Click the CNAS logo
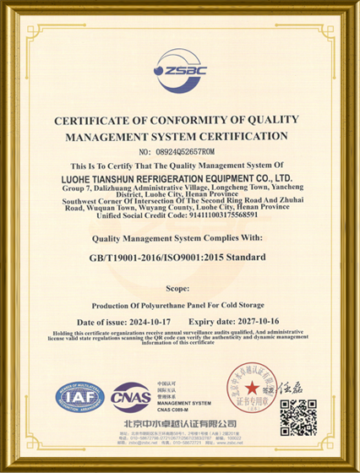tap(132, 394)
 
